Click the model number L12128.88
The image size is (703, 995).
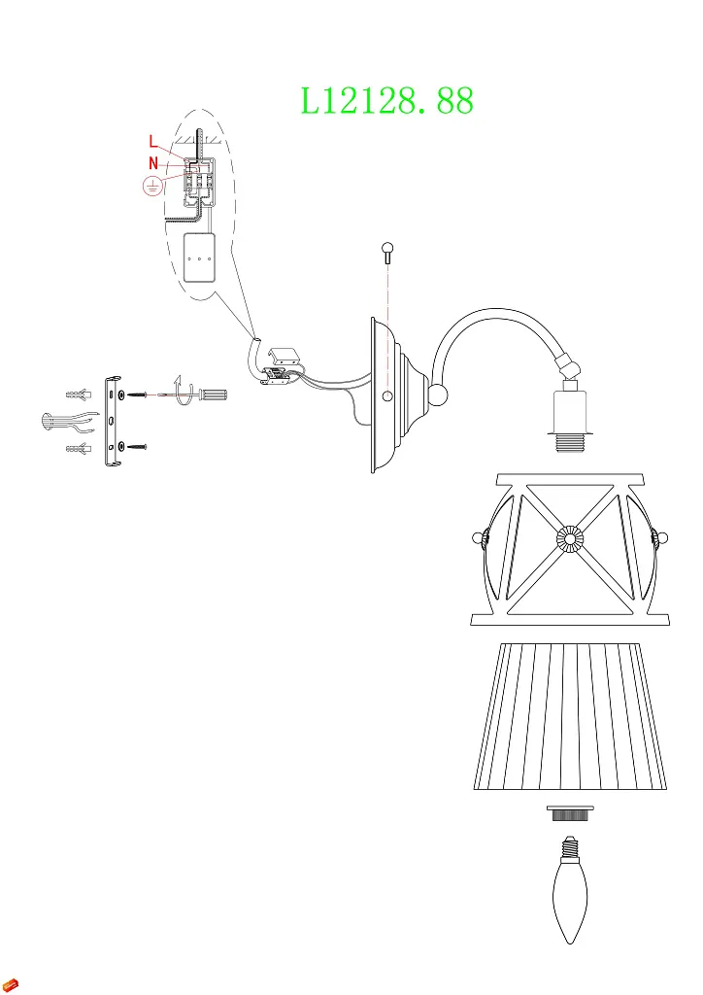tap(386, 100)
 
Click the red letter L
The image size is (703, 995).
tap(153, 142)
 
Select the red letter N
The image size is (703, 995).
tap(153, 162)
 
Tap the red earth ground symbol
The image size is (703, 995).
tap(151, 186)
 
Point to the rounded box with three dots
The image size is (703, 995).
tap(199, 258)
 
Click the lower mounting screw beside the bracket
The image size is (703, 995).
tap(137, 446)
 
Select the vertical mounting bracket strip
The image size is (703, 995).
tap(111, 420)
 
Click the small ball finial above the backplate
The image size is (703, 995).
tap(387, 251)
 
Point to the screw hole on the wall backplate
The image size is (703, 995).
tap(386, 397)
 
